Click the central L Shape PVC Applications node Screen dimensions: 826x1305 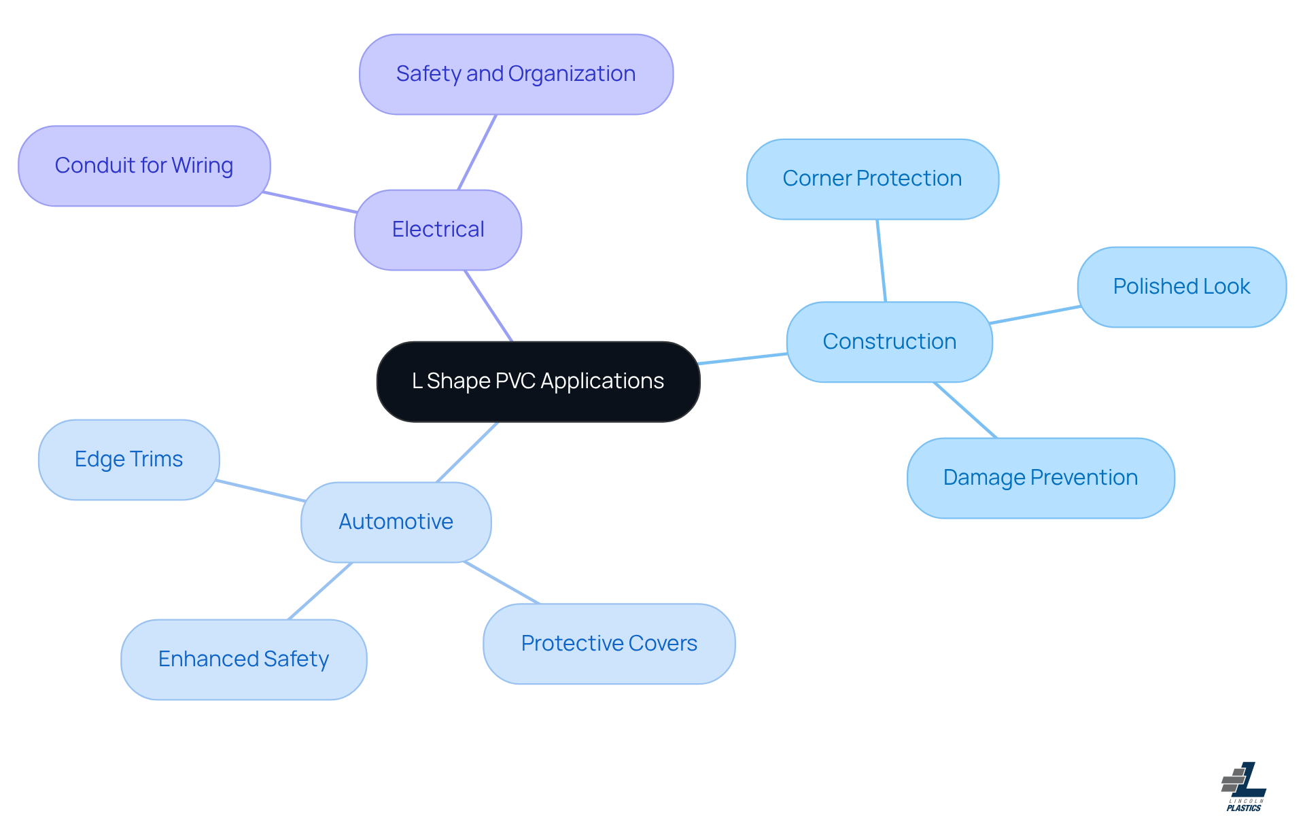pyautogui.click(x=538, y=381)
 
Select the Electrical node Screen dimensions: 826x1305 pyautogui.click(x=438, y=230)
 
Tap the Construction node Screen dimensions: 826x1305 pyautogui.click(x=889, y=341)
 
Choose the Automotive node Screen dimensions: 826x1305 pyautogui.click(x=396, y=521)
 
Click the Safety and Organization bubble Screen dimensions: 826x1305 pyautogui.click(x=516, y=74)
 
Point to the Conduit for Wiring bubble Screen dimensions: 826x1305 pyautogui.click(x=144, y=165)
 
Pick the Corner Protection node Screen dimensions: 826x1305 pyautogui.click(x=872, y=179)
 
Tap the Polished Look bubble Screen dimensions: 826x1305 pyautogui.click(x=1181, y=286)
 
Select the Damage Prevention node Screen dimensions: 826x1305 pyautogui.click(x=1040, y=477)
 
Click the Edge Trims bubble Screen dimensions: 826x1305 pyautogui.click(x=128, y=460)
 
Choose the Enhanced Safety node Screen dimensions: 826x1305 pyautogui.click(x=243, y=659)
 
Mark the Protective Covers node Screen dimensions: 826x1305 pyautogui.click(x=609, y=643)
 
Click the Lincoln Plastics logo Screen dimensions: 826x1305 pyautogui.click(x=1244, y=787)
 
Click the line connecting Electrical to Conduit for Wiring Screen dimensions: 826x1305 pyautogui.click(x=310, y=203)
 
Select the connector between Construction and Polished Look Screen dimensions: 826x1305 pyautogui.click(x=1034, y=315)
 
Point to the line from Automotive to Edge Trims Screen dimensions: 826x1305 pyautogui.click(x=261, y=491)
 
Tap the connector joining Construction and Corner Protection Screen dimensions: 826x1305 pyautogui.click(x=881, y=260)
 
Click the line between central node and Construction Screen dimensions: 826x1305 pyautogui.click(x=743, y=359)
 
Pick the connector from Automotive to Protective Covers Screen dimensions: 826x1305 pyautogui.click(x=502, y=583)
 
